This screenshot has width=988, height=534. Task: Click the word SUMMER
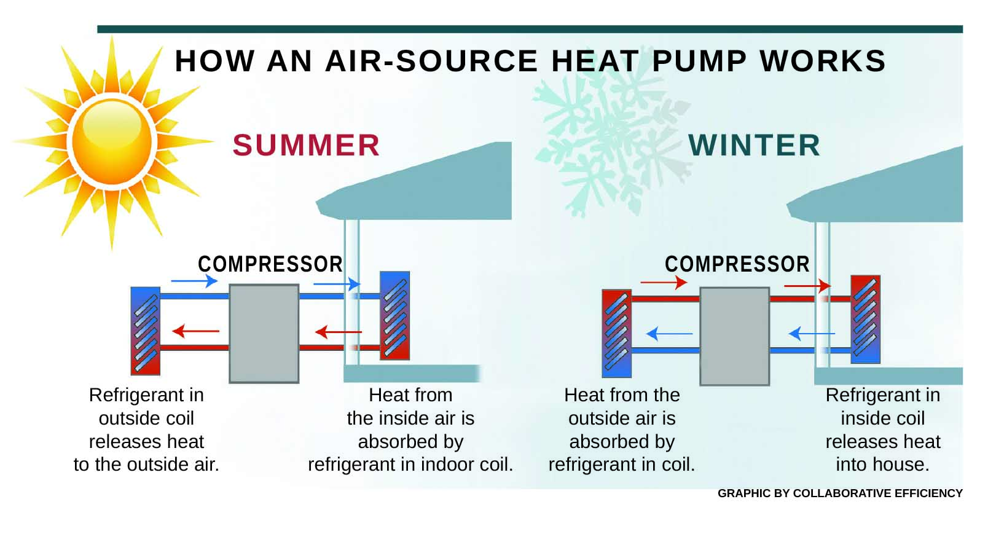tap(306, 146)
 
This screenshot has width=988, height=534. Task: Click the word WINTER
tap(754, 146)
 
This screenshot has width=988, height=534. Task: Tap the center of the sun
tap(112, 141)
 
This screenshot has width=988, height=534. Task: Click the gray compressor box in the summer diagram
tap(264, 333)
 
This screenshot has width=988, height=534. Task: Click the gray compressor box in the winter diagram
tap(735, 336)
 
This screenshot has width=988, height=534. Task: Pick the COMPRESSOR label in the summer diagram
tap(270, 264)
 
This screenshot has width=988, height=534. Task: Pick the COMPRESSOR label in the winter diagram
tap(737, 264)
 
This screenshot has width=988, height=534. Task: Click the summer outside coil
tap(146, 331)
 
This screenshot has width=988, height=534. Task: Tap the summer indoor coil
tap(394, 316)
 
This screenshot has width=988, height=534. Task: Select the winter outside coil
tap(616, 333)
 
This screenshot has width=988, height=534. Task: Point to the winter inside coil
tap(865, 319)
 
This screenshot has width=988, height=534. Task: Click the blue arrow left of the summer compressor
tap(194, 281)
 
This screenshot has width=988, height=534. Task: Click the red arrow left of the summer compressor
tap(195, 331)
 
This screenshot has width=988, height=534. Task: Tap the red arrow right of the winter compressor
tap(807, 285)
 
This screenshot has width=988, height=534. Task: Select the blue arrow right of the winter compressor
tap(811, 334)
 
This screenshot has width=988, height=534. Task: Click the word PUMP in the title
tap(699, 61)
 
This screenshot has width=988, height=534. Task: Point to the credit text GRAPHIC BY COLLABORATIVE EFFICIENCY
tap(839, 493)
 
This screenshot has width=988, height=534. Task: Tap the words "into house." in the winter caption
tap(882, 465)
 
